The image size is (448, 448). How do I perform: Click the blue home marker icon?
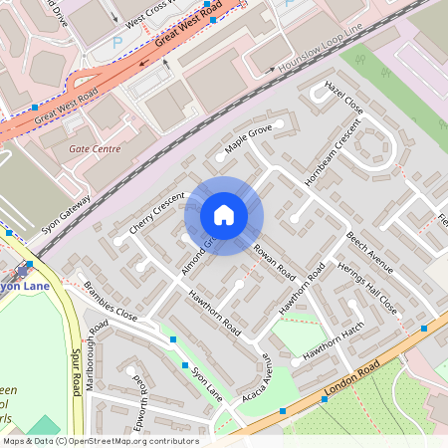(x=224, y=215)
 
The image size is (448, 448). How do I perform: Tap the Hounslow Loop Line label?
(x=319, y=54)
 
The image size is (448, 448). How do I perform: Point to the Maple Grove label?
(x=248, y=138)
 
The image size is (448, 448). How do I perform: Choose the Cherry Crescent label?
(x=157, y=211)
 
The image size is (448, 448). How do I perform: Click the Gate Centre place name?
(x=95, y=148)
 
